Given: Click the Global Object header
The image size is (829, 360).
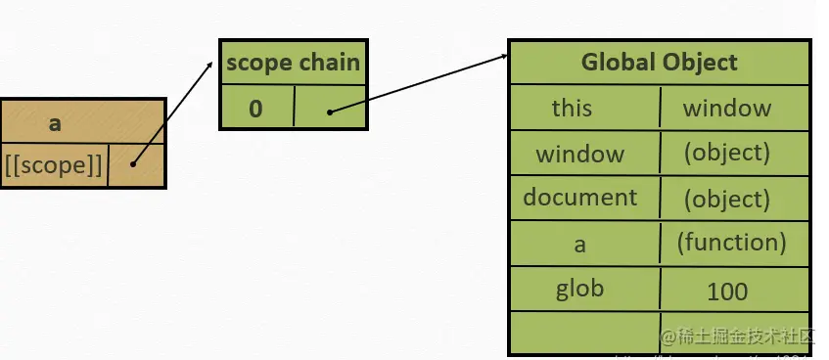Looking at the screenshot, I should point(659,64).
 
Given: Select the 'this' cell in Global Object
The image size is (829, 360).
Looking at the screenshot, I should point(572,108).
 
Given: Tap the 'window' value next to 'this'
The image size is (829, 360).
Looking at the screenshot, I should point(726,108).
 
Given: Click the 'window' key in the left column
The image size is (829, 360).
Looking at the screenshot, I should point(579,154).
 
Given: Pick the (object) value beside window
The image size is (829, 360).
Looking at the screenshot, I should point(726,153).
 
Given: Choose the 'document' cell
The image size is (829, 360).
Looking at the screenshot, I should point(580,198).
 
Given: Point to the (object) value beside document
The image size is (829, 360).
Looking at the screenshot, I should point(726,199).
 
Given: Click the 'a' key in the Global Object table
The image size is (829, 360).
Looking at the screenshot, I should point(580,243).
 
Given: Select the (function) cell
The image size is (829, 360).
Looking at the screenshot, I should point(731,242).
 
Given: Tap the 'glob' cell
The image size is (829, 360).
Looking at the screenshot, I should point(579,289).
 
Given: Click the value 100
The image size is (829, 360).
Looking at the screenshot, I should point(726,291).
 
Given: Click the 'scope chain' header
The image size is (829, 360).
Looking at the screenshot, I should point(293,64).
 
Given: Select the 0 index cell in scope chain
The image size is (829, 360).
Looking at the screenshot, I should point(255,108).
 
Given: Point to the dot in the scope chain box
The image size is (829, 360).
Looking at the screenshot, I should point(330,112).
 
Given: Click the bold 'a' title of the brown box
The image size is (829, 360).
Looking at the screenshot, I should point(55,122).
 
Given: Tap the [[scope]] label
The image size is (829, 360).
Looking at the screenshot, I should point(53,165).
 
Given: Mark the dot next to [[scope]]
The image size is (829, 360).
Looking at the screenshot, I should point(132,164).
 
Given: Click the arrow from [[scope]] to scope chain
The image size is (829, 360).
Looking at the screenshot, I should point(173,112).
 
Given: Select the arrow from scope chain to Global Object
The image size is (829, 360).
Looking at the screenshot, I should point(421,82).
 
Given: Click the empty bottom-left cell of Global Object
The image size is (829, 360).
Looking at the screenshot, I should point(583,331).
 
